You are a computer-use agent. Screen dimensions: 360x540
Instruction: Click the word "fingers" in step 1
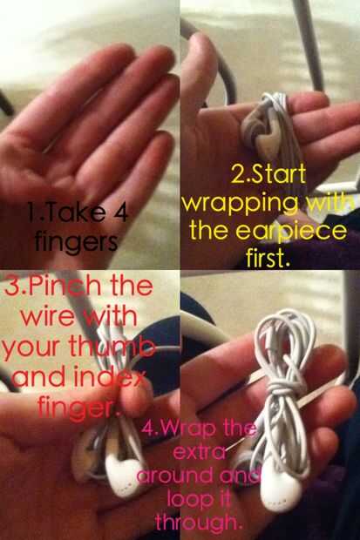(x=76, y=242)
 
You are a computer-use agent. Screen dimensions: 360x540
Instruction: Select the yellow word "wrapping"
(x=240, y=206)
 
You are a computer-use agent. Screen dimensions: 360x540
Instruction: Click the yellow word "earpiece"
(x=291, y=231)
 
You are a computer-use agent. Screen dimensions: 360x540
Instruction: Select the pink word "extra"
(x=200, y=452)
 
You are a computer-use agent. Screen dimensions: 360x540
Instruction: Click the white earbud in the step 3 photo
(x=121, y=474)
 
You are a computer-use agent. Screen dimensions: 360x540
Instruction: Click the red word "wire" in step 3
(x=47, y=317)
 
